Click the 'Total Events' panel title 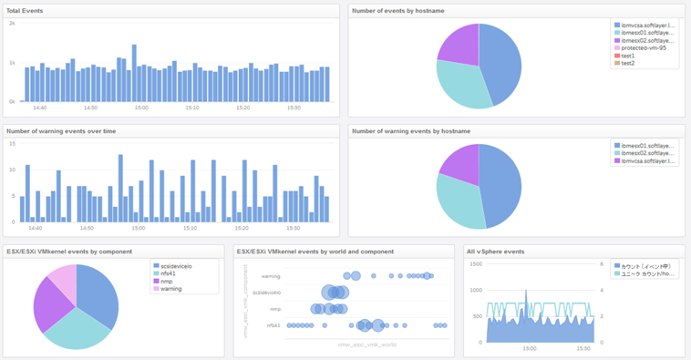25,11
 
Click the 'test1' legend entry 628,56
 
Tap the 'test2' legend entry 628,63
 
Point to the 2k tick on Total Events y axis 13,24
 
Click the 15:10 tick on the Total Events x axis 191,108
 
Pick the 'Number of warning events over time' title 61,131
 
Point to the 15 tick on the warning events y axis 12,144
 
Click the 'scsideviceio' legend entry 178,266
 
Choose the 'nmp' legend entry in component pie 168,282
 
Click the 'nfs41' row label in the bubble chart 273,325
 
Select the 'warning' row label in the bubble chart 271,276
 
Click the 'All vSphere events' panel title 495,252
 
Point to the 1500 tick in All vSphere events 475,263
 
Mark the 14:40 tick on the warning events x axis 35,229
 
